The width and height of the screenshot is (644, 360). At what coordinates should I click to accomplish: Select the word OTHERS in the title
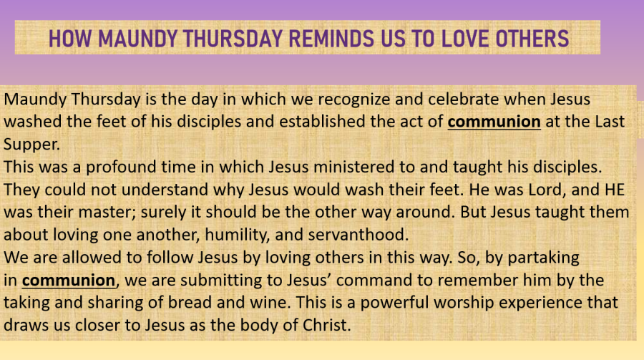tap(532, 39)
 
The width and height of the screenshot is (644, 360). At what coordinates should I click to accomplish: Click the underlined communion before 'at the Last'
tap(494, 122)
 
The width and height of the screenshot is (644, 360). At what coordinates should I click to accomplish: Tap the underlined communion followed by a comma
tap(69, 281)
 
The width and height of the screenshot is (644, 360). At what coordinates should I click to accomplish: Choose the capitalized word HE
tap(615, 190)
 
